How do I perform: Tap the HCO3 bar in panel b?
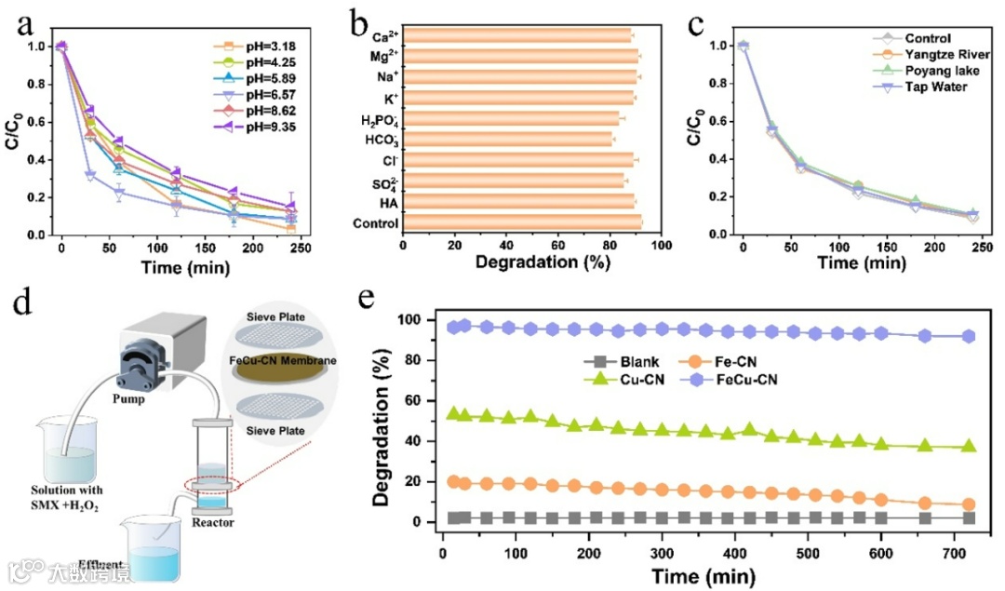pyautogui.click(x=507, y=141)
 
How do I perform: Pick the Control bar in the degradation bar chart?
pyautogui.click(x=522, y=222)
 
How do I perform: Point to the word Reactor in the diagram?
pyautogui.click(x=214, y=522)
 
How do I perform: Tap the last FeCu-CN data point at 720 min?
pyautogui.click(x=969, y=336)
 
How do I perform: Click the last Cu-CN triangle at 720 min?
pyautogui.click(x=969, y=446)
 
